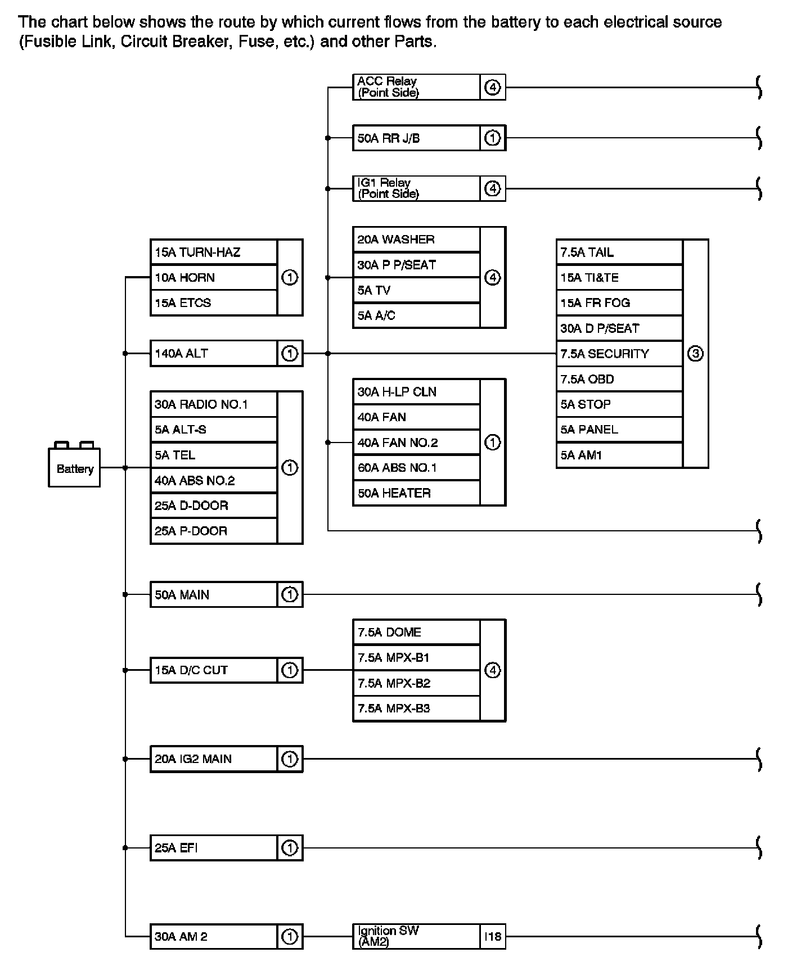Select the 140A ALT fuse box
coord(214,354)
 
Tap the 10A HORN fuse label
coord(185,278)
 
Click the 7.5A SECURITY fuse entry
coord(605,354)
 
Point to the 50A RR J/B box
coord(416,138)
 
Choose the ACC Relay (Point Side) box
coord(416,87)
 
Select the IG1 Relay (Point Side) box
coord(416,188)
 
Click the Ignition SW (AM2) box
coord(416,936)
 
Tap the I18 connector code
coord(492,937)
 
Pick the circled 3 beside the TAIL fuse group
coord(695,354)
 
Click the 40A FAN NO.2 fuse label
coord(398,443)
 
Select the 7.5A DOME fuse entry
coord(389,633)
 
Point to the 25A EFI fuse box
coord(214,848)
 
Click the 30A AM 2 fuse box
coord(214,937)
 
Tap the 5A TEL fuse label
coord(175,455)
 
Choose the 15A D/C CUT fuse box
coord(214,670)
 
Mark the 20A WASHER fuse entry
coord(396,240)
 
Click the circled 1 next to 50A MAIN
coord(289,594)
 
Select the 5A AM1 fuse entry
coord(581,455)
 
